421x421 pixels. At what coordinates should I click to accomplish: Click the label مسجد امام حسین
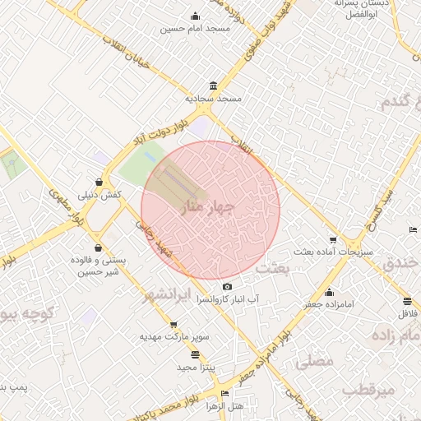click(194, 29)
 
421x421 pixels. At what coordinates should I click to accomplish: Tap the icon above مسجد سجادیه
click(214, 86)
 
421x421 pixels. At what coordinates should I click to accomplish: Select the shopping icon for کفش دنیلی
click(99, 183)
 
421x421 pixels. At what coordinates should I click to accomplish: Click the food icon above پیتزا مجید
click(194, 354)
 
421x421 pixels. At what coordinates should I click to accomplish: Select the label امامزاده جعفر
click(330, 304)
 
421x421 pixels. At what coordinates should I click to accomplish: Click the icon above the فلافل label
click(407, 302)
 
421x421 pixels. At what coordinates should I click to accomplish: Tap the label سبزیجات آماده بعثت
click(333, 252)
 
